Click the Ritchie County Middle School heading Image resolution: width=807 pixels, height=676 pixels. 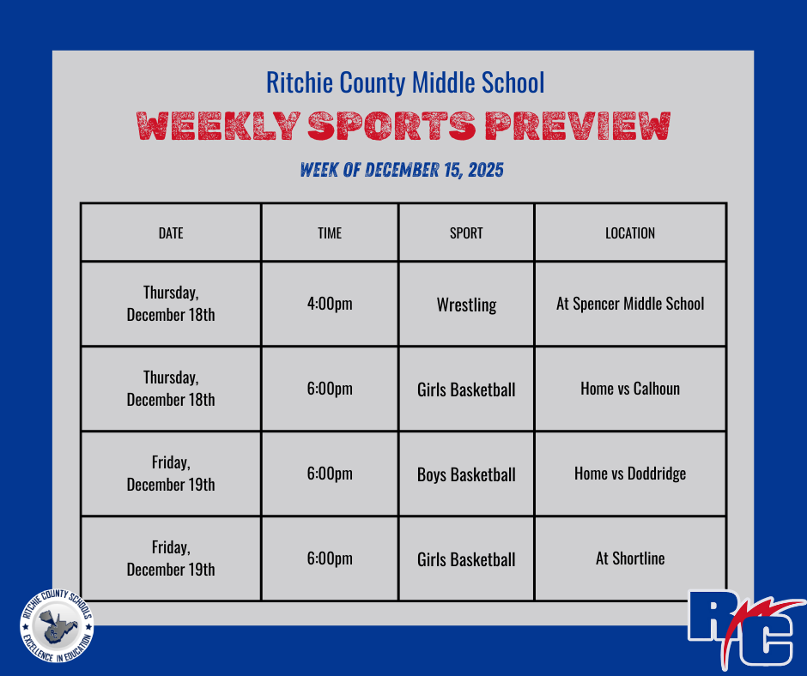point(404,83)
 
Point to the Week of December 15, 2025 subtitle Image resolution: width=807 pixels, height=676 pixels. point(402,170)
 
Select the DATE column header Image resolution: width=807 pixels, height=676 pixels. point(171,232)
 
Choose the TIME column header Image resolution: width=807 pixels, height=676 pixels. point(330,232)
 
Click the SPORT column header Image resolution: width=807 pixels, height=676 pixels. point(466,232)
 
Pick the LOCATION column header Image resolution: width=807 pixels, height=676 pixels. point(630,232)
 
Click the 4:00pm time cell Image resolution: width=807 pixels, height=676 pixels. point(330,304)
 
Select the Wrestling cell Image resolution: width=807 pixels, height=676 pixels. point(466,305)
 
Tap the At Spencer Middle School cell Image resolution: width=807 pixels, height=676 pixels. point(630,304)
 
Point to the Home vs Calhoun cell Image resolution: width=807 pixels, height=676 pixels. point(630,389)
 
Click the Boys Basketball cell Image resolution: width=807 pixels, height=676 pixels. point(466,474)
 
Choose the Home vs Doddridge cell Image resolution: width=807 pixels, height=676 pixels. point(630,474)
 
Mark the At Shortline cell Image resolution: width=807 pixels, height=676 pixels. point(630,558)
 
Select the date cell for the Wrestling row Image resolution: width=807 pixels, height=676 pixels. point(171,304)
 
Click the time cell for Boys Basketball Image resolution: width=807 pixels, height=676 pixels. point(330,474)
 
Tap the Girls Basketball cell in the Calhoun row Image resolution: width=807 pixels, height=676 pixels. point(466,389)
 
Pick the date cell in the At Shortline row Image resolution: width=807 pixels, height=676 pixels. point(171,558)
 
